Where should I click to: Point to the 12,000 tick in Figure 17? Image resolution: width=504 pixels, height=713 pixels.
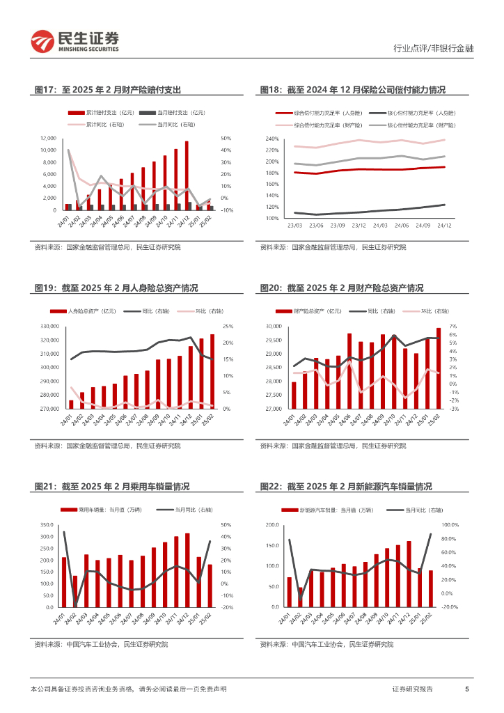point(48,138)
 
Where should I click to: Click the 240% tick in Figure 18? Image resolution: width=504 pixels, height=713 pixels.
point(271,139)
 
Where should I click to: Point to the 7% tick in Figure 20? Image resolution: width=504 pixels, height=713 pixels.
point(452,327)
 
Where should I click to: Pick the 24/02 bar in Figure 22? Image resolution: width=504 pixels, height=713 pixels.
point(301,597)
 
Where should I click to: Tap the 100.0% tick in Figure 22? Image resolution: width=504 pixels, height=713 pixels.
point(450,524)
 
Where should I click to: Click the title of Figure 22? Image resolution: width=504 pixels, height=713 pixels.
point(345,487)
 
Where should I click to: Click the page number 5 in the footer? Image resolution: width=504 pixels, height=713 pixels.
point(466,689)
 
